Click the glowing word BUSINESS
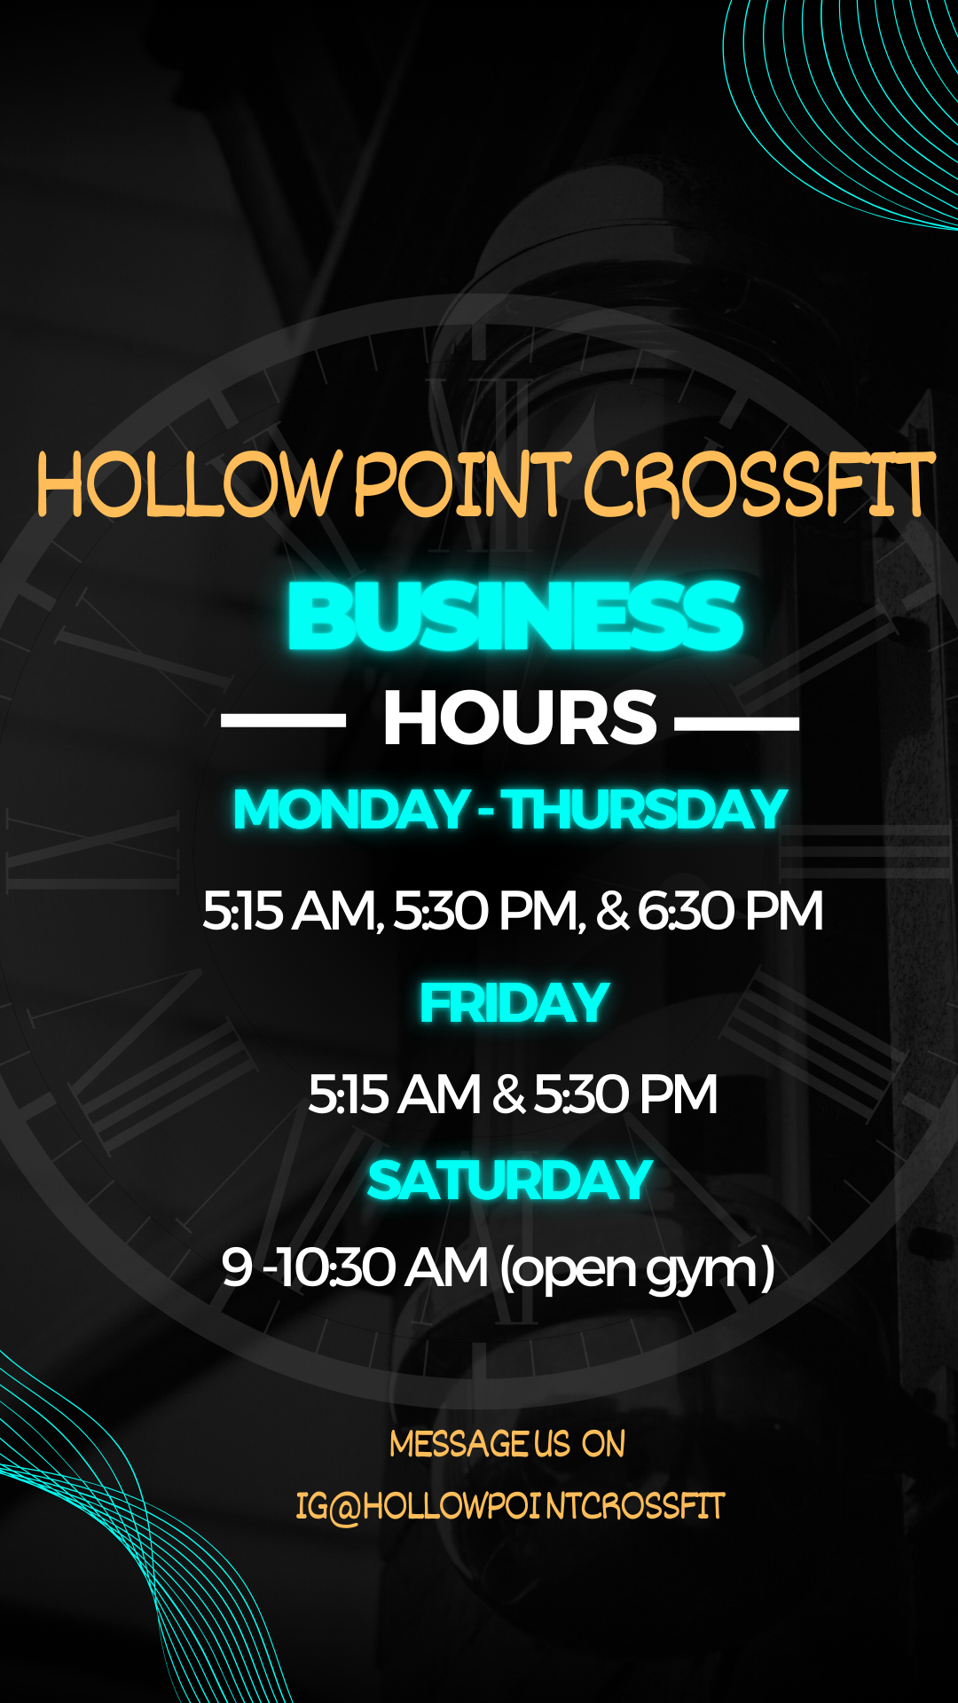click(x=515, y=616)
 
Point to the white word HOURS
click(x=520, y=718)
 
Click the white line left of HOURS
click(x=283, y=722)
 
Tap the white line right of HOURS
click(x=737, y=722)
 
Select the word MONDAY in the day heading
click(x=351, y=810)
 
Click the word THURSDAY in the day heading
click(x=647, y=810)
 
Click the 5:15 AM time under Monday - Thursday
click(x=293, y=911)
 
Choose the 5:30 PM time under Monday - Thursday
click(x=490, y=911)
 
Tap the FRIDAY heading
click(x=514, y=1003)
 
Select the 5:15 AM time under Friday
click(x=394, y=1095)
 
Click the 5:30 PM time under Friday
click(x=625, y=1095)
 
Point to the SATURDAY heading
click(x=510, y=1181)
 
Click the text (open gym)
click(x=637, y=1269)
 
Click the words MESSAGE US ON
click(x=507, y=1444)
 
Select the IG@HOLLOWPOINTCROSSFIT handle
click(x=510, y=1506)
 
